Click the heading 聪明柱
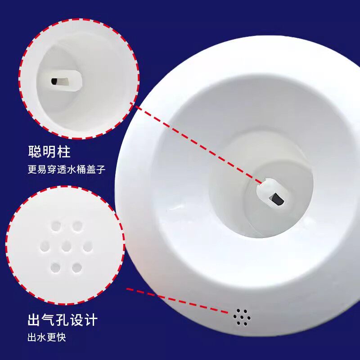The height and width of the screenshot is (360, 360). (49, 152)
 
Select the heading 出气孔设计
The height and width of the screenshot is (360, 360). (63, 320)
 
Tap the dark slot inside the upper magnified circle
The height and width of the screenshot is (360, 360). (54, 81)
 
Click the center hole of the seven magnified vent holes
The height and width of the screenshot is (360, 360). (66, 246)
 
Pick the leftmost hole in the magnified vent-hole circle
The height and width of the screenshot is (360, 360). (45, 246)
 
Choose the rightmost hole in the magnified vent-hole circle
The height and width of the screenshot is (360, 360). (87, 246)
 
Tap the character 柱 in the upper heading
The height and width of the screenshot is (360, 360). (63, 152)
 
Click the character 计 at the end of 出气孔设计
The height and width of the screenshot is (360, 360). (90, 320)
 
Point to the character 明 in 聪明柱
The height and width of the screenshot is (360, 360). (49, 152)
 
